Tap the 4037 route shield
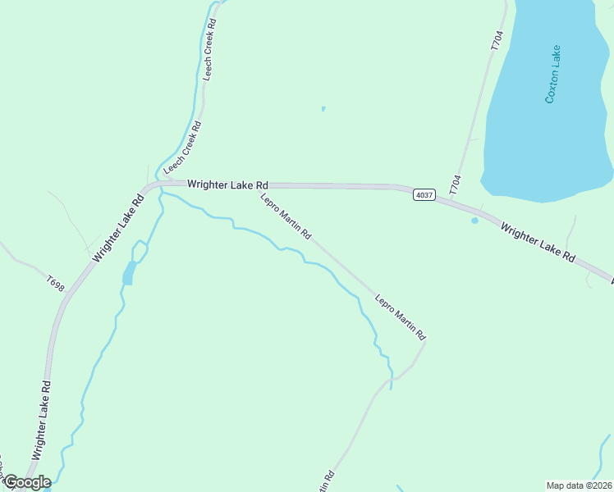coord(424,194)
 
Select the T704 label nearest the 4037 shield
coord(456,184)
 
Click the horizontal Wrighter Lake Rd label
coord(227,185)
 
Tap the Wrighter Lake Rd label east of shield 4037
coord(537,242)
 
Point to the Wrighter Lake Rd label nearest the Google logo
coord(41,419)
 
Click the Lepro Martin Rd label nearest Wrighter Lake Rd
coord(286,216)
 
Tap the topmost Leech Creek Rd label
coord(210,49)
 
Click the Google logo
coord(26,482)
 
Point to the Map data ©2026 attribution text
coord(579,485)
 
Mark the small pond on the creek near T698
coord(128,273)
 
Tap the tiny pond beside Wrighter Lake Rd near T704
coord(474,220)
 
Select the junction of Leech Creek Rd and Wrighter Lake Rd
coord(158,185)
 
